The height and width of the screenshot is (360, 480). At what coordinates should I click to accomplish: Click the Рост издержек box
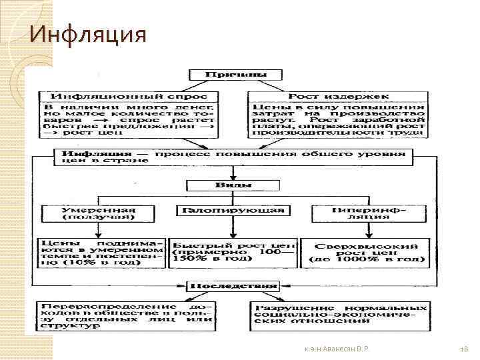(x=337, y=95)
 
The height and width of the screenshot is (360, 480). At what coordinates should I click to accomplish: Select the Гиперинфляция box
(x=361, y=211)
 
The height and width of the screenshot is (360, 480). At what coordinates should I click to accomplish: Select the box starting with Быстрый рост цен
(x=233, y=251)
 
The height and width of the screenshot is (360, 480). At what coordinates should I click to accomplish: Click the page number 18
(x=465, y=349)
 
